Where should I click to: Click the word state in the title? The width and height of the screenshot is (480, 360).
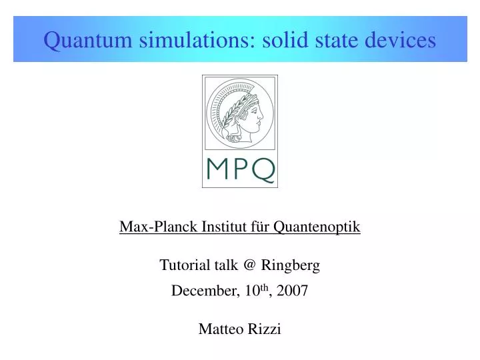pos(338,40)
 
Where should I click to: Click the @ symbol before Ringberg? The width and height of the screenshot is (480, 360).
pos(249,265)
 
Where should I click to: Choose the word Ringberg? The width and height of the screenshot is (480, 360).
pos(291,265)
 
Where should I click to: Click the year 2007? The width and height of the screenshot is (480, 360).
pos(293,291)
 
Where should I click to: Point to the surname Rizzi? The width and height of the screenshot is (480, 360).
pos(265,329)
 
